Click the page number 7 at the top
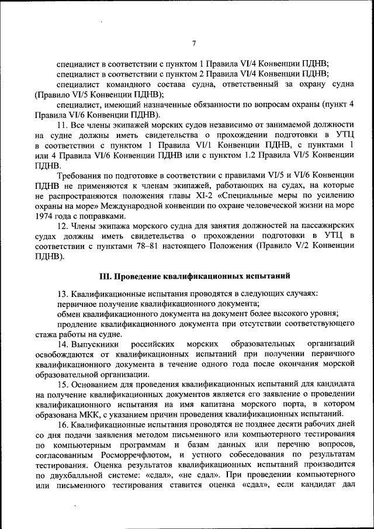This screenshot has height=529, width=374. [x=194, y=43]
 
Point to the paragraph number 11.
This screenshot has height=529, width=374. [x=63, y=125]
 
